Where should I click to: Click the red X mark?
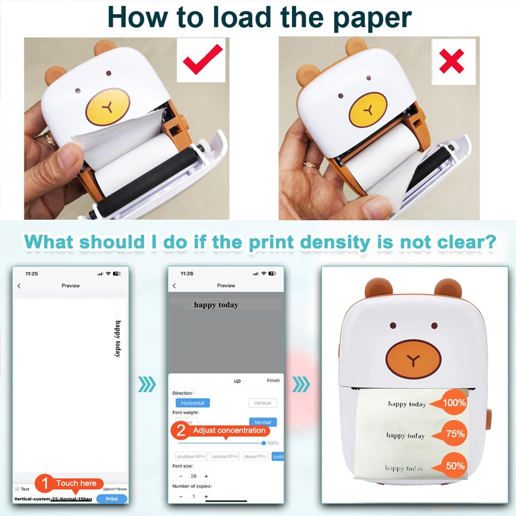pos(452,61)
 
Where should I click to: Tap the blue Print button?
pos(111,499)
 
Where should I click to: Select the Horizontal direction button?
pos(192,403)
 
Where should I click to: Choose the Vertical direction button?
pos(262,403)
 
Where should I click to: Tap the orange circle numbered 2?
pos(181,431)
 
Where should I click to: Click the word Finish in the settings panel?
pos(273,381)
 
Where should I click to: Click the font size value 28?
pos(193,476)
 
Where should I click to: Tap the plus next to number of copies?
pos(206,496)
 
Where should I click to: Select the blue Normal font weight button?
pos(262,422)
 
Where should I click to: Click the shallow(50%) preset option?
pos(191,456)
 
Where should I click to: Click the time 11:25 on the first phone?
pos(32,273)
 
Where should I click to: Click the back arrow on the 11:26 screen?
pos(174,286)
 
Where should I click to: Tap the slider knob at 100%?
pos(264,443)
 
